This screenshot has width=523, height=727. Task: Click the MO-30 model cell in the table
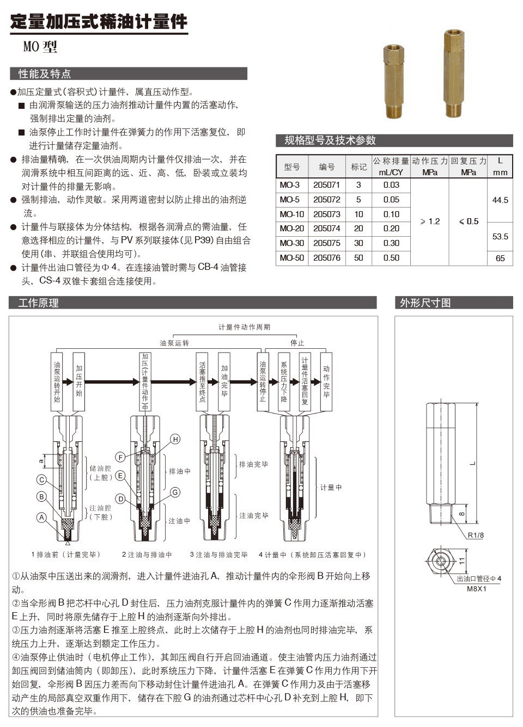click(x=292, y=243)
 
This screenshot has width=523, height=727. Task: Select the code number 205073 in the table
click(x=327, y=214)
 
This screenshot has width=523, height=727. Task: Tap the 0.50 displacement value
click(x=391, y=258)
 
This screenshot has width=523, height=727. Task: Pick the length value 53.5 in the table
click(x=500, y=237)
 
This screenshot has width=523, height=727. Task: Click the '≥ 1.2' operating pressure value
click(x=430, y=221)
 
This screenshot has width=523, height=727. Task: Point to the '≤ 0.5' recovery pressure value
click(x=469, y=221)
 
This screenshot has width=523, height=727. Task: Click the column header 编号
click(x=327, y=167)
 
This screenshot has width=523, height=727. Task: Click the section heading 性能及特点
click(x=45, y=74)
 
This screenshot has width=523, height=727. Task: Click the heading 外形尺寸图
click(x=425, y=303)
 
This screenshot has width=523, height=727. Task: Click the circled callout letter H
click(x=175, y=439)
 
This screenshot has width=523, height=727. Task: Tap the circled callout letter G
click(x=175, y=492)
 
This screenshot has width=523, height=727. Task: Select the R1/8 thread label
click(x=476, y=535)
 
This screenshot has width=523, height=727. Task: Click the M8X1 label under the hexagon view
click(x=476, y=588)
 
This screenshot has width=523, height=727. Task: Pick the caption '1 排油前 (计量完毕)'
click(x=66, y=555)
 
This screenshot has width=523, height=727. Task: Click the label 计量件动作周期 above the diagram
click(x=244, y=327)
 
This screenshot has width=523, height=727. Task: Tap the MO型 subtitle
click(x=40, y=47)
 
